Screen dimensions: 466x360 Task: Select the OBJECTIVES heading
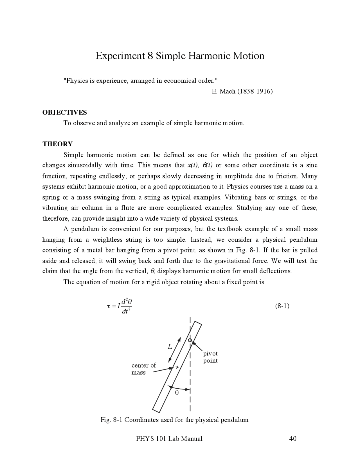(x=64, y=113)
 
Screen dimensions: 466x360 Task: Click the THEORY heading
(x=57, y=144)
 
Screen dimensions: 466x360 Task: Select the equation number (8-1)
(x=282, y=306)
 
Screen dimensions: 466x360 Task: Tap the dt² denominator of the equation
(x=127, y=311)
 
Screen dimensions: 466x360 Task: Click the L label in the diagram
(x=170, y=347)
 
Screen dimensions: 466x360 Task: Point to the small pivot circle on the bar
(x=190, y=340)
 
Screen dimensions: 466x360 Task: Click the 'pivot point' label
(x=210, y=357)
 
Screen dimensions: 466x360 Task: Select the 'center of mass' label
(x=143, y=369)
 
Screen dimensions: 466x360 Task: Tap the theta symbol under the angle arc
(x=177, y=393)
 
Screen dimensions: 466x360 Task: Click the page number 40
(x=292, y=438)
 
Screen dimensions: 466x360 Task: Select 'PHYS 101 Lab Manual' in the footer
(x=169, y=438)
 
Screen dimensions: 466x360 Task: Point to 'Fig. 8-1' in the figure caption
(x=111, y=420)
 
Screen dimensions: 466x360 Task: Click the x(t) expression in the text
(x=193, y=165)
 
